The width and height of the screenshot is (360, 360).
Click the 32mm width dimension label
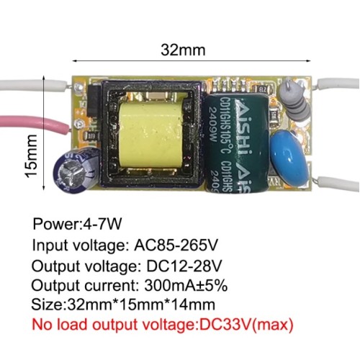183,50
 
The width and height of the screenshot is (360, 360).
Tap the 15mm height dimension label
32,156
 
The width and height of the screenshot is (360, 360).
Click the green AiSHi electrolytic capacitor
236,143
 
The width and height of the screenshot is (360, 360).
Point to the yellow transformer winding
149,135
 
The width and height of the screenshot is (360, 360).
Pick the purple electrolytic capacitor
77,168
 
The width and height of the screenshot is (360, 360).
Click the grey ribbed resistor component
294,99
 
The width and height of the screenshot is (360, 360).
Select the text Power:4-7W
77,224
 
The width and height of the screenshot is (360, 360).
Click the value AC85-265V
176,245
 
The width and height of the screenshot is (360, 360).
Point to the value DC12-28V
184,266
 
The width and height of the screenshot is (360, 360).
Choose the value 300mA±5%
186,285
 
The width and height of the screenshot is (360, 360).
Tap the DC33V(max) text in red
246,325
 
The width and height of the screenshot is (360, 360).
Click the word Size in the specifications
47,305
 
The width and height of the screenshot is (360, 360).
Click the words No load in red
60,325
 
